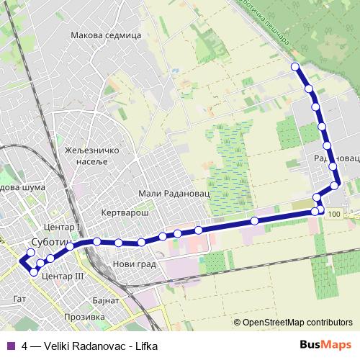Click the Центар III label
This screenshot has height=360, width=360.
click(63, 276)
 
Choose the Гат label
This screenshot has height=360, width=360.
click(19, 297)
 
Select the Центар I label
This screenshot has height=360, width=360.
click(62, 228)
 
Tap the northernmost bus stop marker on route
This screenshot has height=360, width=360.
click(294, 67)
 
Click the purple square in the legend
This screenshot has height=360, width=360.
click(11, 345)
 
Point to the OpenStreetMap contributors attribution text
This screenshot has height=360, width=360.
click(298, 323)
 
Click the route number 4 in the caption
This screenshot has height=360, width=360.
click(25, 345)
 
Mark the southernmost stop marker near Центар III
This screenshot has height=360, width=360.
click(34, 271)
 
